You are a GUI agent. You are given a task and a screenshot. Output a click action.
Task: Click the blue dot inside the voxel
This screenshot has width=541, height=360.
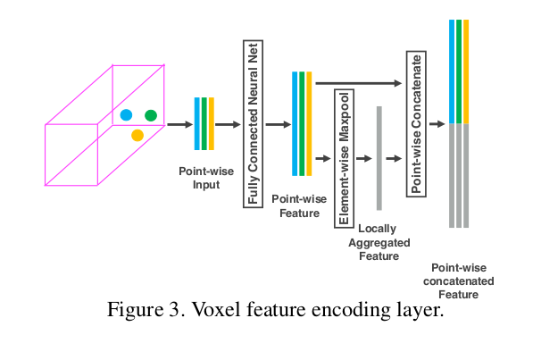(126, 114)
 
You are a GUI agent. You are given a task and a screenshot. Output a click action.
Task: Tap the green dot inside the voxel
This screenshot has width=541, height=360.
(151, 114)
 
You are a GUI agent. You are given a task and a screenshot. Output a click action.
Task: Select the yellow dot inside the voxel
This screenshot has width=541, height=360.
(137, 135)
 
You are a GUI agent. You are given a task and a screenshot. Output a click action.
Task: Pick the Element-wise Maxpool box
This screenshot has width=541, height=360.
(343, 157)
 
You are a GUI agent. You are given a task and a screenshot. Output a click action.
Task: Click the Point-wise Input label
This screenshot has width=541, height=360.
(204, 178)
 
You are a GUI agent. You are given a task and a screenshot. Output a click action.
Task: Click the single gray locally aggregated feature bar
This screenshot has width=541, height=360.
(379, 157)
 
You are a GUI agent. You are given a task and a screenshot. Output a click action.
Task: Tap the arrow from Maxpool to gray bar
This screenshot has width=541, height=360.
(362, 157)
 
